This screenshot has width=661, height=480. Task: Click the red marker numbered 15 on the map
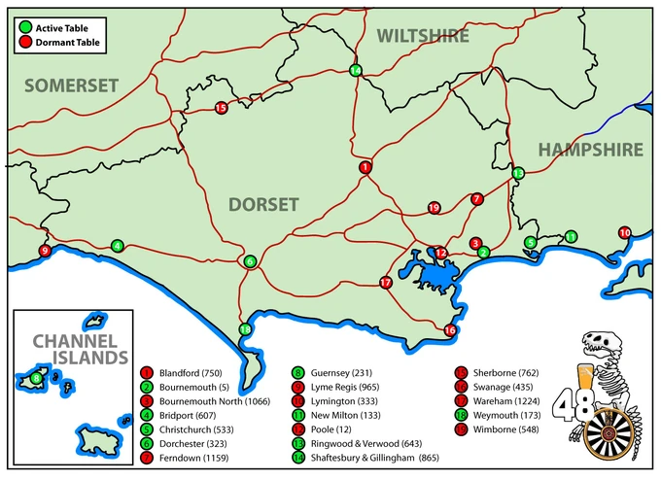click(221, 108)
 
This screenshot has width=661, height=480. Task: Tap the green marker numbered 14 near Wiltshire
click(356, 70)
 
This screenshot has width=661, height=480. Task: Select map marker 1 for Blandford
click(365, 167)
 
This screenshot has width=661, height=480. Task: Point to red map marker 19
click(435, 207)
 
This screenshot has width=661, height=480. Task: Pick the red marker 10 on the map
click(624, 232)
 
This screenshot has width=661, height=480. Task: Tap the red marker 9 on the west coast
click(44, 252)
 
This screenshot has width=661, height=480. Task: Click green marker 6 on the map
click(250, 260)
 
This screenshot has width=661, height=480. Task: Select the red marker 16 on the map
click(449, 330)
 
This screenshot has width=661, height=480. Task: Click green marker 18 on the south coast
click(245, 329)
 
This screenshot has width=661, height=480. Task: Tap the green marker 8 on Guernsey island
click(36, 377)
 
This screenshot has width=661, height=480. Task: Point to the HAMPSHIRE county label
click(590, 150)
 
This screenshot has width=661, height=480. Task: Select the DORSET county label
click(263, 203)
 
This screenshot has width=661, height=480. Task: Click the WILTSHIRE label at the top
click(423, 36)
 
